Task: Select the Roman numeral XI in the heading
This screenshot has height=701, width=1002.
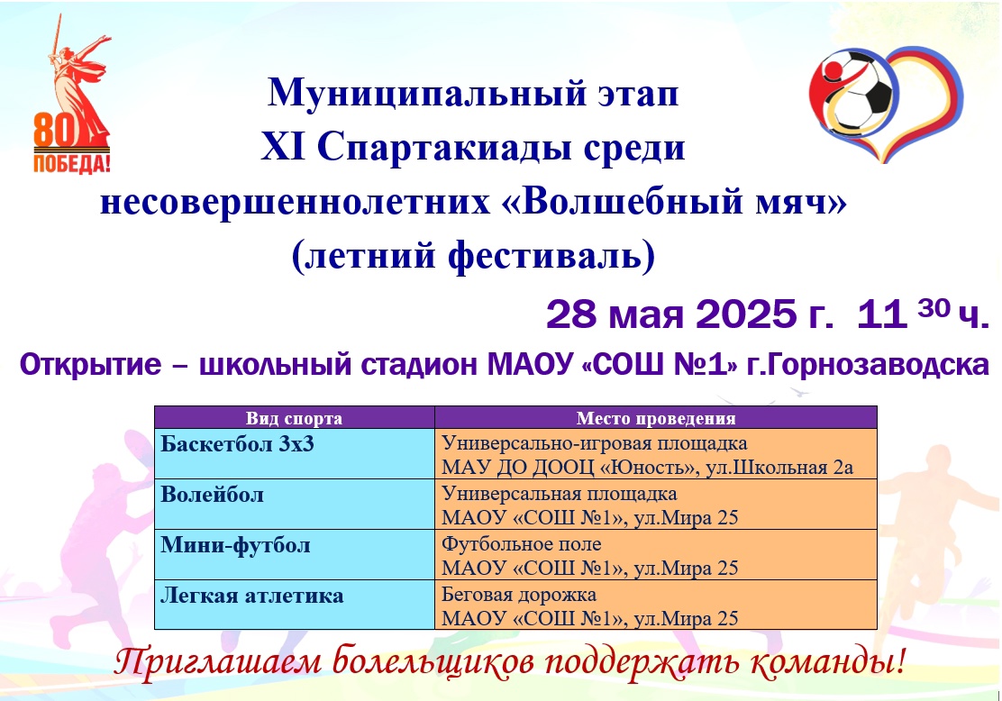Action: [x=283, y=146]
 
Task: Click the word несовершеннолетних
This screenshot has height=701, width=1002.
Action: [x=295, y=202]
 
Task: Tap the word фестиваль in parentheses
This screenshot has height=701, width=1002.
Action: [x=542, y=256]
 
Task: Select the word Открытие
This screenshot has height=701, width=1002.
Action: [x=90, y=365]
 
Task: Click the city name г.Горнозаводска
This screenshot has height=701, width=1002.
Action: [x=868, y=365]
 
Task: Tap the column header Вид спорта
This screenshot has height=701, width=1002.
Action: [x=294, y=418]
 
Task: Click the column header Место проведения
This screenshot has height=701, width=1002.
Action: [x=656, y=418]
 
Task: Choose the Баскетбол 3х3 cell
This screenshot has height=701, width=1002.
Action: [x=237, y=443]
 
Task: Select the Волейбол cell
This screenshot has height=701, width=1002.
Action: [x=212, y=495]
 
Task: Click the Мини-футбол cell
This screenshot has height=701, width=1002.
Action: [x=235, y=545]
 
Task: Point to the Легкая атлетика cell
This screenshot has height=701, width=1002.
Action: [x=251, y=596]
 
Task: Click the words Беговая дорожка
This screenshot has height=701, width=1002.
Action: [x=519, y=595]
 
